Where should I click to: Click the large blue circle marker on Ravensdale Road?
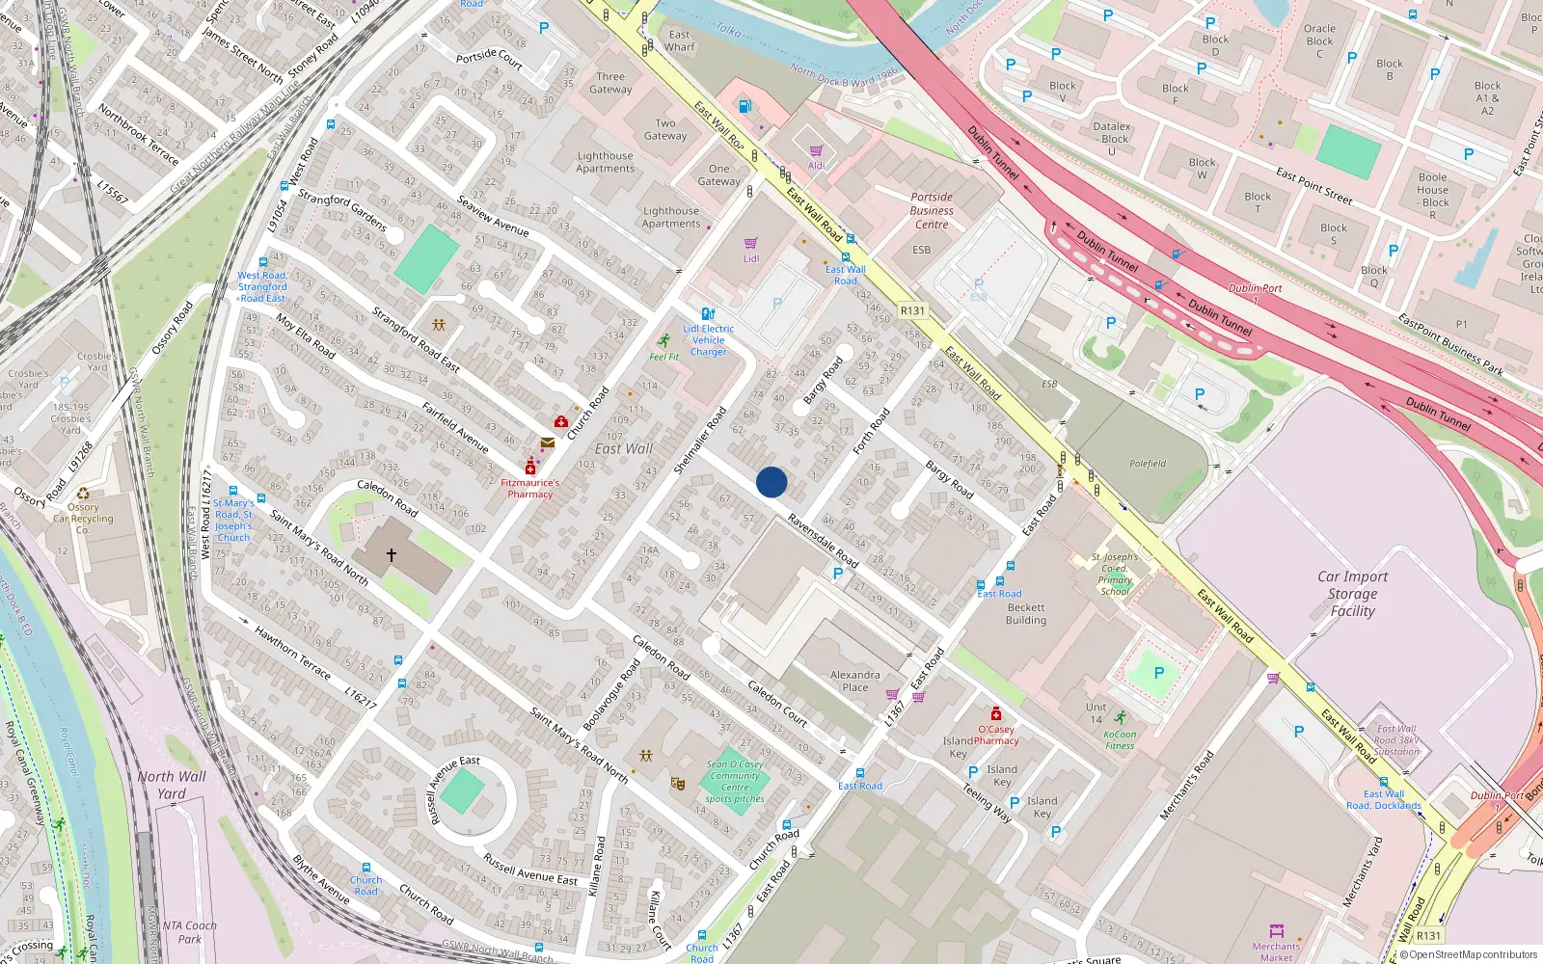click(x=771, y=482)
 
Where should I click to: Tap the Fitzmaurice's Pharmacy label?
click(x=529, y=489)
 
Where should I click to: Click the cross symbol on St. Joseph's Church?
click(x=392, y=555)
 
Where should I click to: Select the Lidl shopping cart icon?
click(x=751, y=244)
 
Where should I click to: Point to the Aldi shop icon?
click(x=817, y=151)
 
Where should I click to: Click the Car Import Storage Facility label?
click(x=1352, y=594)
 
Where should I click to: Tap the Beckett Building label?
click(x=1026, y=614)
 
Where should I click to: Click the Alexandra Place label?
click(x=854, y=682)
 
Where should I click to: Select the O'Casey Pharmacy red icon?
click(x=996, y=714)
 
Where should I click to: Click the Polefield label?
click(x=1148, y=464)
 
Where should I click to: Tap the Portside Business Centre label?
click(x=932, y=210)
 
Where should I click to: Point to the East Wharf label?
click(x=679, y=40)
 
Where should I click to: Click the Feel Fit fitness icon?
click(x=664, y=341)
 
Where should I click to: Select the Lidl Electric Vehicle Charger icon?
click(x=708, y=313)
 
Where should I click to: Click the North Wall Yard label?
click(x=172, y=785)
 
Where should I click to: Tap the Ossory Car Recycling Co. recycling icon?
click(x=83, y=494)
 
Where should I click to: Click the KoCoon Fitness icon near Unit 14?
click(x=1120, y=718)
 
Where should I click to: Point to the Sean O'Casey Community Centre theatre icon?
click(x=678, y=785)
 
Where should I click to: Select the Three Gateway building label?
click(x=610, y=83)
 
